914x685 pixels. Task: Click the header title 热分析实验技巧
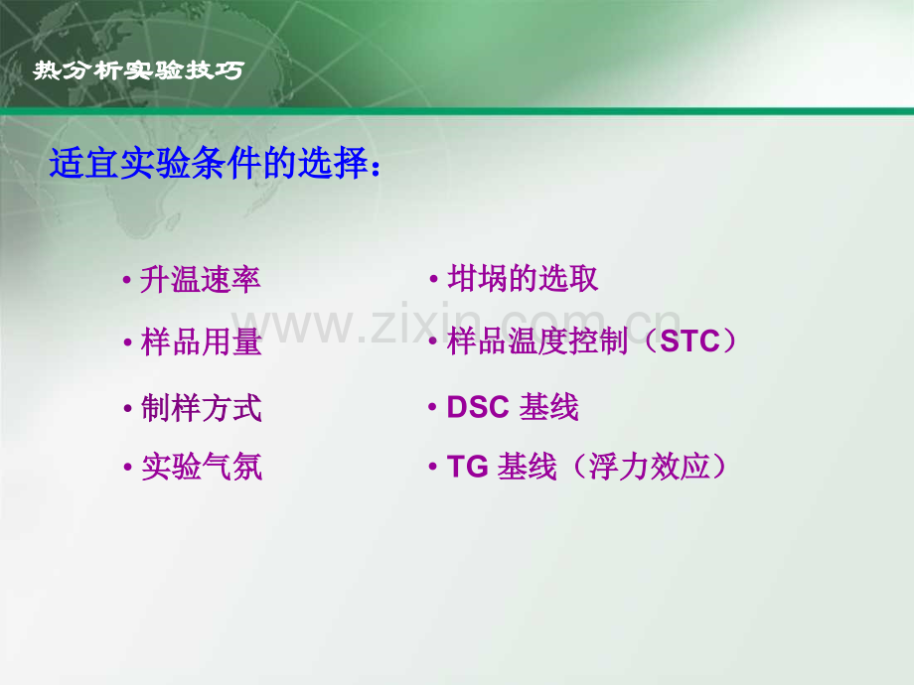[137, 71]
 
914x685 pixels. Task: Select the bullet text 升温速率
[201, 280]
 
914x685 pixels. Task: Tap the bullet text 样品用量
[202, 343]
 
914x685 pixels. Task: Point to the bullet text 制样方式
[202, 408]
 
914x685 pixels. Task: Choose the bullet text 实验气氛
[202, 467]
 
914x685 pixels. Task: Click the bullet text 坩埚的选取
[524, 279]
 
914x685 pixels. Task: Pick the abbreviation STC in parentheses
[688, 342]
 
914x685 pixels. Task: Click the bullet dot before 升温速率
[127, 282]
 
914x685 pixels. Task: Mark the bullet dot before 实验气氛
[127, 468]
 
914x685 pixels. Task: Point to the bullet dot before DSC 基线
[433, 408]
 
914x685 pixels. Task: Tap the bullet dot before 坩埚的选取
[434, 281]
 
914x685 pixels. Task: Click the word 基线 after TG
[528, 467]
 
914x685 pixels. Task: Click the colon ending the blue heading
[375, 169]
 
